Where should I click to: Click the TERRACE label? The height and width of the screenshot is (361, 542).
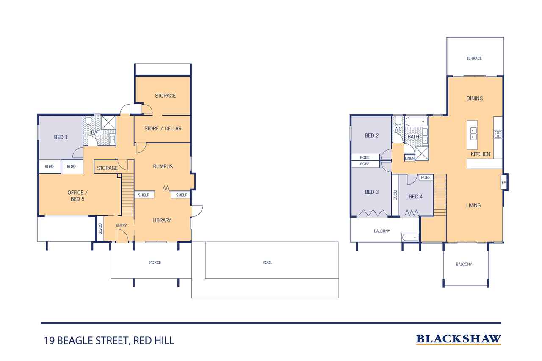(474, 58)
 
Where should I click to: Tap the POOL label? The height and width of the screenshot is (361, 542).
(267, 262)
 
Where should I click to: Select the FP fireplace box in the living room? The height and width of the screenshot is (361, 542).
(503, 182)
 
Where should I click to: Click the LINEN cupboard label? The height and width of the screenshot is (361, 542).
(409, 158)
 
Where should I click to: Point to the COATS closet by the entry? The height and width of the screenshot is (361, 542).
(100, 229)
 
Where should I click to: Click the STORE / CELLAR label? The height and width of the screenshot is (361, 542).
(163, 128)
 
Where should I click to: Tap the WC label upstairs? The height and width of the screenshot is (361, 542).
(398, 129)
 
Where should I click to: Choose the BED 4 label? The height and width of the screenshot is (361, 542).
(415, 196)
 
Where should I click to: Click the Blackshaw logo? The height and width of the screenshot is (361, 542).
(459, 339)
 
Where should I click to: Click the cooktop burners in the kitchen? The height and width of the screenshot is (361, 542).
(498, 135)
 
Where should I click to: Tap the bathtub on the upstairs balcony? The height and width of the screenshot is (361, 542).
(410, 237)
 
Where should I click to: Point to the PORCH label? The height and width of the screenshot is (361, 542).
(155, 262)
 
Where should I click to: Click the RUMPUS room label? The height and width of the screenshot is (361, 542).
(163, 167)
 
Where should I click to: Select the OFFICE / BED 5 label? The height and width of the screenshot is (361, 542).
(77, 196)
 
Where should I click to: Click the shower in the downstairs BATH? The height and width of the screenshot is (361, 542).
(108, 123)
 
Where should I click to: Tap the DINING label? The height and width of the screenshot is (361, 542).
(475, 99)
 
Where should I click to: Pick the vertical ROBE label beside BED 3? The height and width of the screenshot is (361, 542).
(395, 195)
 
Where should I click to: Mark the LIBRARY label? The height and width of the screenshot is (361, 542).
(162, 220)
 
